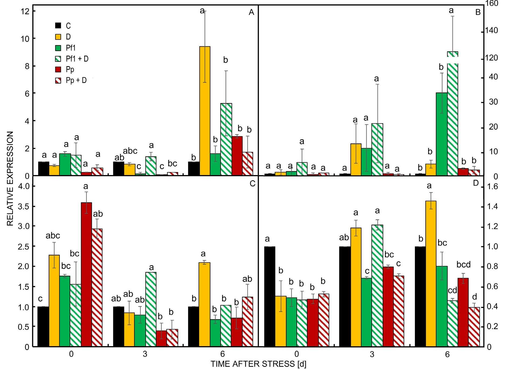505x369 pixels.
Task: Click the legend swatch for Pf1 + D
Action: pos(58,59)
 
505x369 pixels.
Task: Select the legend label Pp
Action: pos(70,70)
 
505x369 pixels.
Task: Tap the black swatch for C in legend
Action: pos(58,26)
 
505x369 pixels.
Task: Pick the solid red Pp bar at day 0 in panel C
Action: pos(86,274)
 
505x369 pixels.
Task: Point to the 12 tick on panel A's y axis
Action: pos(26,11)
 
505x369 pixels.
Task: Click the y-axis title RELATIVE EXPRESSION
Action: pos(10,179)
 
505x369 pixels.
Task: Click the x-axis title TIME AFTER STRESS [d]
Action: pos(258,364)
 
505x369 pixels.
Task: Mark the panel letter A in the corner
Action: pos(251,13)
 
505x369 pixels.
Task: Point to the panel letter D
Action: pos(475,183)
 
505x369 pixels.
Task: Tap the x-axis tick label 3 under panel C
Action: pos(145,354)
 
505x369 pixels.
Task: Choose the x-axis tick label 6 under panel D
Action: pos(447,354)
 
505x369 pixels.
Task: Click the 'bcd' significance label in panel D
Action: pos(463,265)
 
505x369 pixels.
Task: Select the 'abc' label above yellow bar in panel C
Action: pos(53,236)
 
